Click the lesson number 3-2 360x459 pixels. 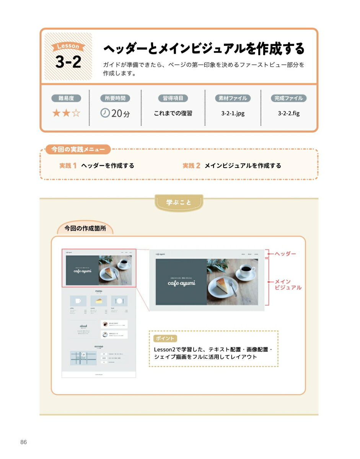[68, 62]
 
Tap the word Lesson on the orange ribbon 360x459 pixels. [68, 47]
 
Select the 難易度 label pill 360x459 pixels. [66, 98]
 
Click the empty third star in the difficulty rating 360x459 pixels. [76, 113]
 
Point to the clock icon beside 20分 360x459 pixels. [105, 113]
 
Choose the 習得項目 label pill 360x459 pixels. [173, 98]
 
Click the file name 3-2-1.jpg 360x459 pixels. [233, 114]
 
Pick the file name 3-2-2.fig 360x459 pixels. [289, 114]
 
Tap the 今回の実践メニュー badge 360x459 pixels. [78, 149]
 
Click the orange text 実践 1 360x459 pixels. [68, 166]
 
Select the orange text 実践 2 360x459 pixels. [191, 166]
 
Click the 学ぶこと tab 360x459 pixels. [179, 202]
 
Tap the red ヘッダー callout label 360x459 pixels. [285, 254]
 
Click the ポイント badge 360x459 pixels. [165, 338]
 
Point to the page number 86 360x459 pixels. [24, 442]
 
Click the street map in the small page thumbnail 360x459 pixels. [83, 358]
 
